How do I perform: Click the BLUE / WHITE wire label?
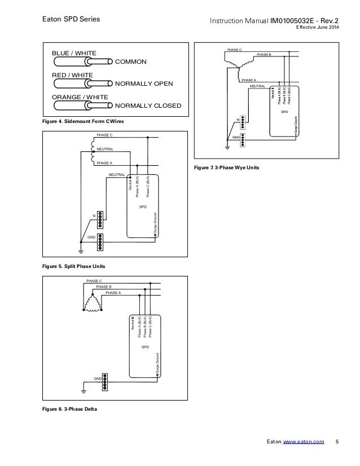74,53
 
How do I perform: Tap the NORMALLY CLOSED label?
147,105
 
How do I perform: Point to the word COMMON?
130,61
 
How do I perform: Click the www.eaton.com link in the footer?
303,442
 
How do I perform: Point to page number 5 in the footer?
337,442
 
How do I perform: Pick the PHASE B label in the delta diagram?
104,287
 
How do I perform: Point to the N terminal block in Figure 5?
100,217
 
